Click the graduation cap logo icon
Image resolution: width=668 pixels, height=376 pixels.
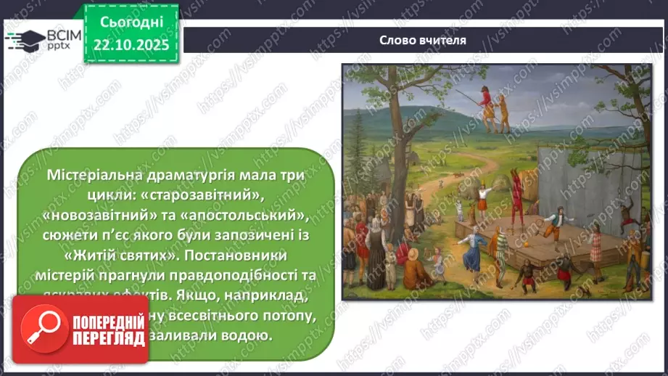(x=25, y=39)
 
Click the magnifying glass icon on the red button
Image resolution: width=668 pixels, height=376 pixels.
(x=44, y=327)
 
